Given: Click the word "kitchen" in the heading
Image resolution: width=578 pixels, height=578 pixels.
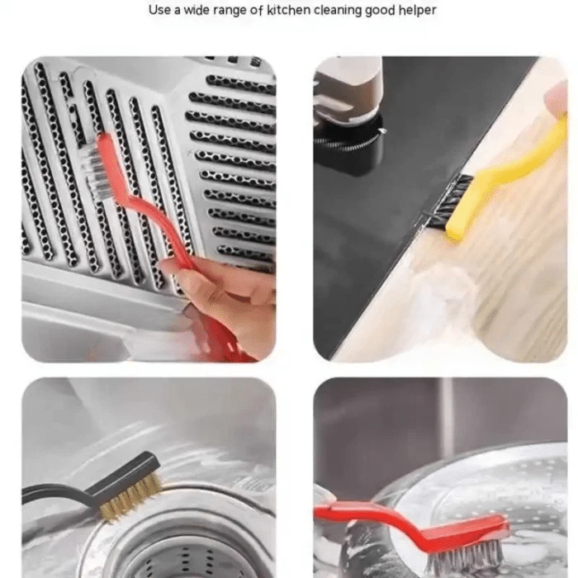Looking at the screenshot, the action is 288,10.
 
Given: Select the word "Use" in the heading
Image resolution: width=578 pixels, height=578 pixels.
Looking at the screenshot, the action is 159,10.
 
